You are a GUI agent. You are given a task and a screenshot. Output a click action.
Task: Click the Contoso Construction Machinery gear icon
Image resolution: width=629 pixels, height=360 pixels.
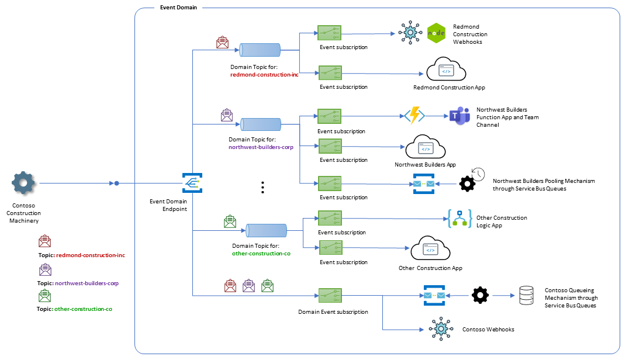click(23, 184)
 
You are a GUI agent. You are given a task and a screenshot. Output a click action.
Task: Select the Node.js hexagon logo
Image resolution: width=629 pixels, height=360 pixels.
click(436, 33)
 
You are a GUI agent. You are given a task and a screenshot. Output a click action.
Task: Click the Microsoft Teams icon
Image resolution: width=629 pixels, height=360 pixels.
click(459, 117)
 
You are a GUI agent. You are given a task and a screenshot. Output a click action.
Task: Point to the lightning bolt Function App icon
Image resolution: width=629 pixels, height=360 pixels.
click(414, 116)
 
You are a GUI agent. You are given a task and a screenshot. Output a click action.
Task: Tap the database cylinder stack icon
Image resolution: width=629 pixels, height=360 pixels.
click(527, 296)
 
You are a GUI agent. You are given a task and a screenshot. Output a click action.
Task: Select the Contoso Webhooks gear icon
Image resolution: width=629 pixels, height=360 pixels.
click(440, 329)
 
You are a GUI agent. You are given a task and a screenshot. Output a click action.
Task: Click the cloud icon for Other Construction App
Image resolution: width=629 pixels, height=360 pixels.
click(430, 250)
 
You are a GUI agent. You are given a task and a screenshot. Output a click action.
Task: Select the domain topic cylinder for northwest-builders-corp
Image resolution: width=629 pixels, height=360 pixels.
click(261, 124)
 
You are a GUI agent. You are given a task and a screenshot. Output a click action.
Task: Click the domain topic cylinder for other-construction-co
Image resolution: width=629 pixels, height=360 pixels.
click(266, 230)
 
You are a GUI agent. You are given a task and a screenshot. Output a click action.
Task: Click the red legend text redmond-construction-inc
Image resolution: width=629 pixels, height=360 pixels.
click(91, 255)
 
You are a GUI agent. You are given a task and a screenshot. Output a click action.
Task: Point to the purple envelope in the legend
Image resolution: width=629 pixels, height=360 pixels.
click(45, 269)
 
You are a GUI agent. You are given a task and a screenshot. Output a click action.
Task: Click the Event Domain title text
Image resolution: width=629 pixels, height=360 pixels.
click(178, 8)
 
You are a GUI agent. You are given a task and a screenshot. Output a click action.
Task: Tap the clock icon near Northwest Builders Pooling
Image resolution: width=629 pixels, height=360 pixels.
click(478, 174)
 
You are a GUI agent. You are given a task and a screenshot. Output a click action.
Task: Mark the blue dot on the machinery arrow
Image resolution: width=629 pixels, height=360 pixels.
click(116, 184)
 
